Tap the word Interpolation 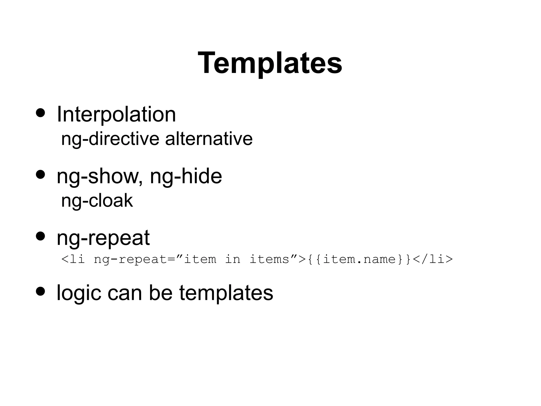click(x=116, y=114)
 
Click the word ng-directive click(x=110, y=139)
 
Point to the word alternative click(x=209, y=139)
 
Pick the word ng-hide click(x=186, y=176)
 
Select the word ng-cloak click(x=97, y=200)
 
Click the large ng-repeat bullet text click(x=103, y=238)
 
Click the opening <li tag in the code click(x=73, y=259)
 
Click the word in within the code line click(x=232, y=259)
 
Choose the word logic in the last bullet click(x=79, y=293)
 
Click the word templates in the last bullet click(x=226, y=293)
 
